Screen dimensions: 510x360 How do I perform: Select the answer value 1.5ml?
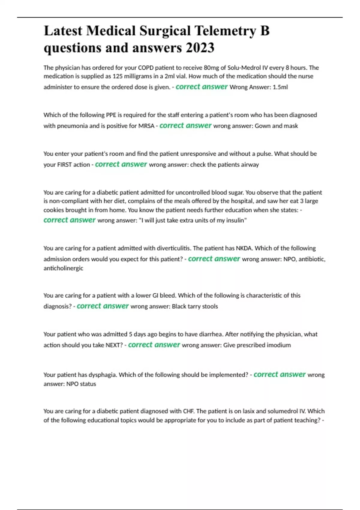(280, 87)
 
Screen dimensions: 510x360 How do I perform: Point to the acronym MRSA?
(146, 126)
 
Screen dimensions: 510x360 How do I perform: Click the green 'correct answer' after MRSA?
(185, 125)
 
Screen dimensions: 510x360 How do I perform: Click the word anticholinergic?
(63, 268)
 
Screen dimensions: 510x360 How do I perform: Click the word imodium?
(279, 345)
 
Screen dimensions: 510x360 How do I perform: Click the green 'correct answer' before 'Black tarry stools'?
(103, 306)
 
